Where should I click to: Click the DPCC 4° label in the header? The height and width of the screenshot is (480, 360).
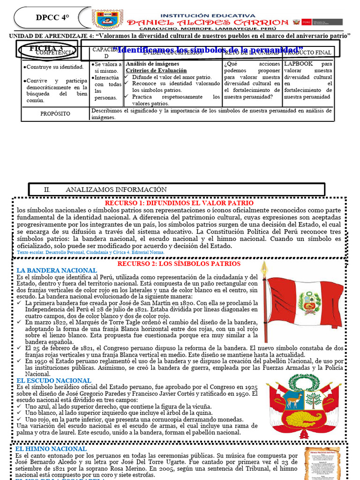pyautogui.click(x=52, y=18)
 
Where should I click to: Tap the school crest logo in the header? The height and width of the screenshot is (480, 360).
pyautogui.click(x=108, y=19)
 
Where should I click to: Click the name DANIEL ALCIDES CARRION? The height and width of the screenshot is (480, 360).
pyautogui.click(x=208, y=22)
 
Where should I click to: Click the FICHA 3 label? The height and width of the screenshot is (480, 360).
pyautogui.click(x=46, y=49)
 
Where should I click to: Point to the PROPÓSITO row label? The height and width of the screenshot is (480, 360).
pyautogui.click(x=55, y=113)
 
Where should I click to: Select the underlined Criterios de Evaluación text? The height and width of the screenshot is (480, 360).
pyautogui.click(x=157, y=70)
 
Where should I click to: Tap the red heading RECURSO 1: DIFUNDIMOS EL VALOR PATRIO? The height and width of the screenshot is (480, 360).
pyautogui.click(x=179, y=203)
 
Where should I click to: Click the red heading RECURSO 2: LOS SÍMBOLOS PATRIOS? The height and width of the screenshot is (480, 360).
pyautogui.click(x=179, y=263)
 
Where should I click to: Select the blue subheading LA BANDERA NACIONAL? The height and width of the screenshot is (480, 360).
pyautogui.click(x=57, y=270)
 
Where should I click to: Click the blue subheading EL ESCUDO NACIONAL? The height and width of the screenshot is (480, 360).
pyautogui.click(x=53, y=381)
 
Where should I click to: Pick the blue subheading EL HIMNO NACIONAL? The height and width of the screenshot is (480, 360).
pyautogui.click(x=51, y=449)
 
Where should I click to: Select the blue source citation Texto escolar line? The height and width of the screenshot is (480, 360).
pyautogui.click(x=90, y=252)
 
